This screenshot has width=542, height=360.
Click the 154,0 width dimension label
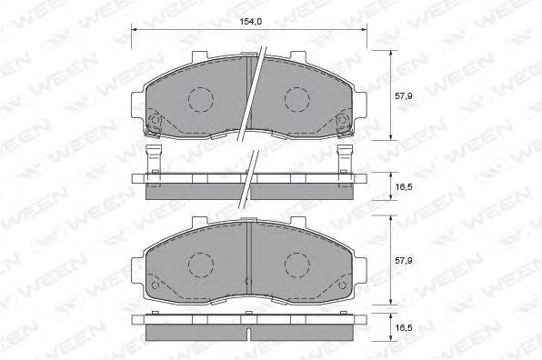(251, 22)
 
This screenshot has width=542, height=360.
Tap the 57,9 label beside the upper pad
(404, 96)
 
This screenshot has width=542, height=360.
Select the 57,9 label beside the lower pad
(404, 261)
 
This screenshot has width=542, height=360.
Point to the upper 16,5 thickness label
(404, 187)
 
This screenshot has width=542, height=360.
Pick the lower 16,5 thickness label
(404, 327)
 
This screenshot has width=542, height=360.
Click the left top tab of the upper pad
(200, 56)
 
